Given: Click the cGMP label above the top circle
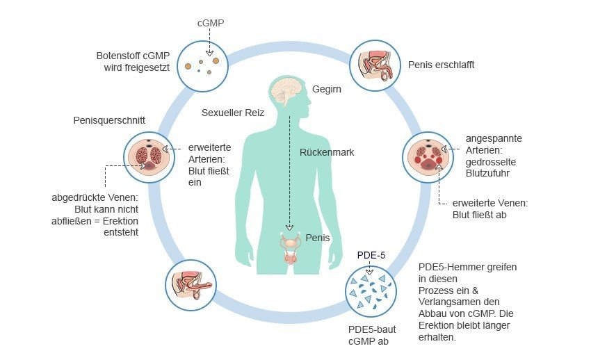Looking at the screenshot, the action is pyautogui.click(x=211, y=23).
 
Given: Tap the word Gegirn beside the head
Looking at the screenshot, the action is pyautogui.click(x=326, y=89).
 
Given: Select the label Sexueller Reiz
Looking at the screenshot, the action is pyautogui.click(x=233, y=113).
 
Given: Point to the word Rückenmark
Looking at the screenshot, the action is pyautogui.click(x=327, y=152).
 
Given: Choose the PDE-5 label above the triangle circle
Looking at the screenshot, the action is pyautogui.click(x=371, y=255).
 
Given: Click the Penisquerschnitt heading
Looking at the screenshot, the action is pyautogui.click(x=109, y=120).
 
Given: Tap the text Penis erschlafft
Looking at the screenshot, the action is pyautogui.click(x=441, y=65).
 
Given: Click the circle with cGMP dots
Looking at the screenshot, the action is pyautogui.click(x=203, y=66).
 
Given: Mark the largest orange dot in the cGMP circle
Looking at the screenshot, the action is pyautogui.click(x=216, y=60).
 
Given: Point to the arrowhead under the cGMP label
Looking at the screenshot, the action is pyautogui.click(x=209, y=53).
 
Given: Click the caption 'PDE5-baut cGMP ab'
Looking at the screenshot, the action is pyautogui.click(x=372, y=336).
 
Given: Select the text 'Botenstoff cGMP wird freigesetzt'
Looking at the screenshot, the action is pyautogui.click(x=133, y=62).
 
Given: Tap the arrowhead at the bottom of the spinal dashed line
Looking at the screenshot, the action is pyautogui.click(x=289, y=227).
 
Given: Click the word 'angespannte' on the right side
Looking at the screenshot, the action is pyautogui.click(x=494, y=138).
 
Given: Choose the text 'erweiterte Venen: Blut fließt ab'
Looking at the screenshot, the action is pyautogui.click(x=490, y=209).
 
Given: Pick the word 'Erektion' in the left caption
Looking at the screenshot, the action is pyautogui.click(x=120, y=221).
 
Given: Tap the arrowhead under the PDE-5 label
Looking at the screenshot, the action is pyautogui.click(x=369, y=272).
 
